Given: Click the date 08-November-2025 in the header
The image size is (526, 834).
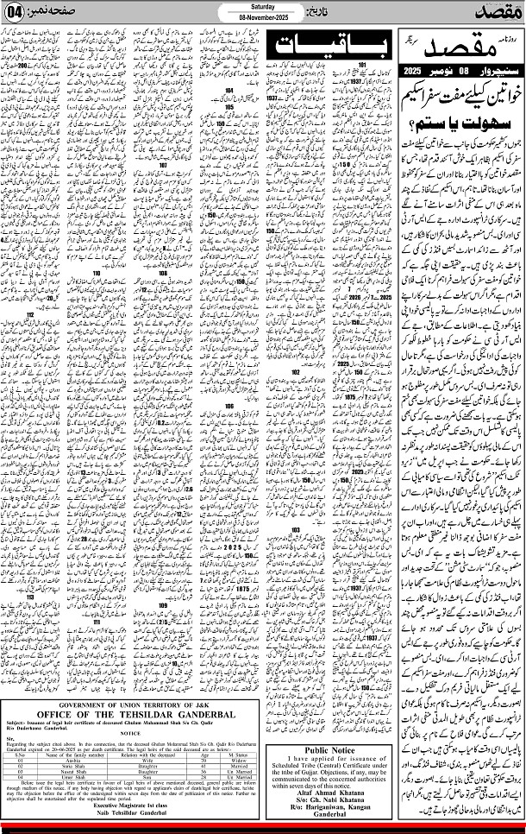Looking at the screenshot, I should point(263,16).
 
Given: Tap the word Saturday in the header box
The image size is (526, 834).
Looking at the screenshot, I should point(263,7).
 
